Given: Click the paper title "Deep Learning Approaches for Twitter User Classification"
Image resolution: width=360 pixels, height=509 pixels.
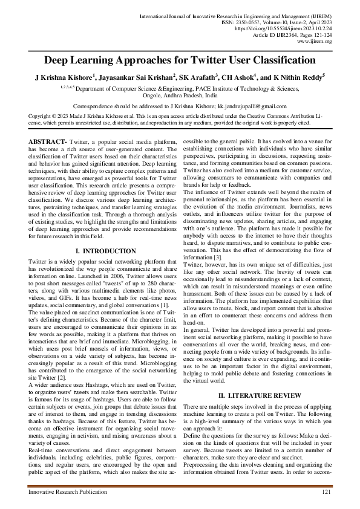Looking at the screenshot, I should coord(180,60).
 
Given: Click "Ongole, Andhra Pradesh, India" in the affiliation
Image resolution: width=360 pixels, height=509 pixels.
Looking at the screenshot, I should coord(180,95).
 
